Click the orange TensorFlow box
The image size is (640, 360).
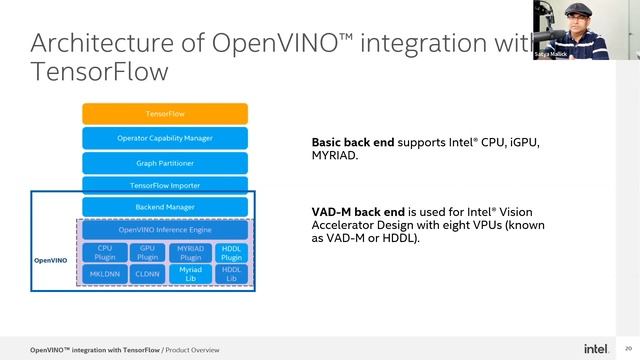coord(165,114)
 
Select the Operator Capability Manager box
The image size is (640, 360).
coord(165,138)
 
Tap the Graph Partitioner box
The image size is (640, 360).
coord(165,162)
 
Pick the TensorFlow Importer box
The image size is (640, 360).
coord(165,185)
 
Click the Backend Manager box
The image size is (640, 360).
coord(165,207)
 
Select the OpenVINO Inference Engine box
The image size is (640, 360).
coord(165,230)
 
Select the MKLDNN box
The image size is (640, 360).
coord(104,272)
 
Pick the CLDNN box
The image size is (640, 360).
coord(146,272)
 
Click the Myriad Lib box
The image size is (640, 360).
coord(190,272)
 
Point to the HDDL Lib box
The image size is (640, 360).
coord(231,272)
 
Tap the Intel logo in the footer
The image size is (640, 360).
coord(596,349)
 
